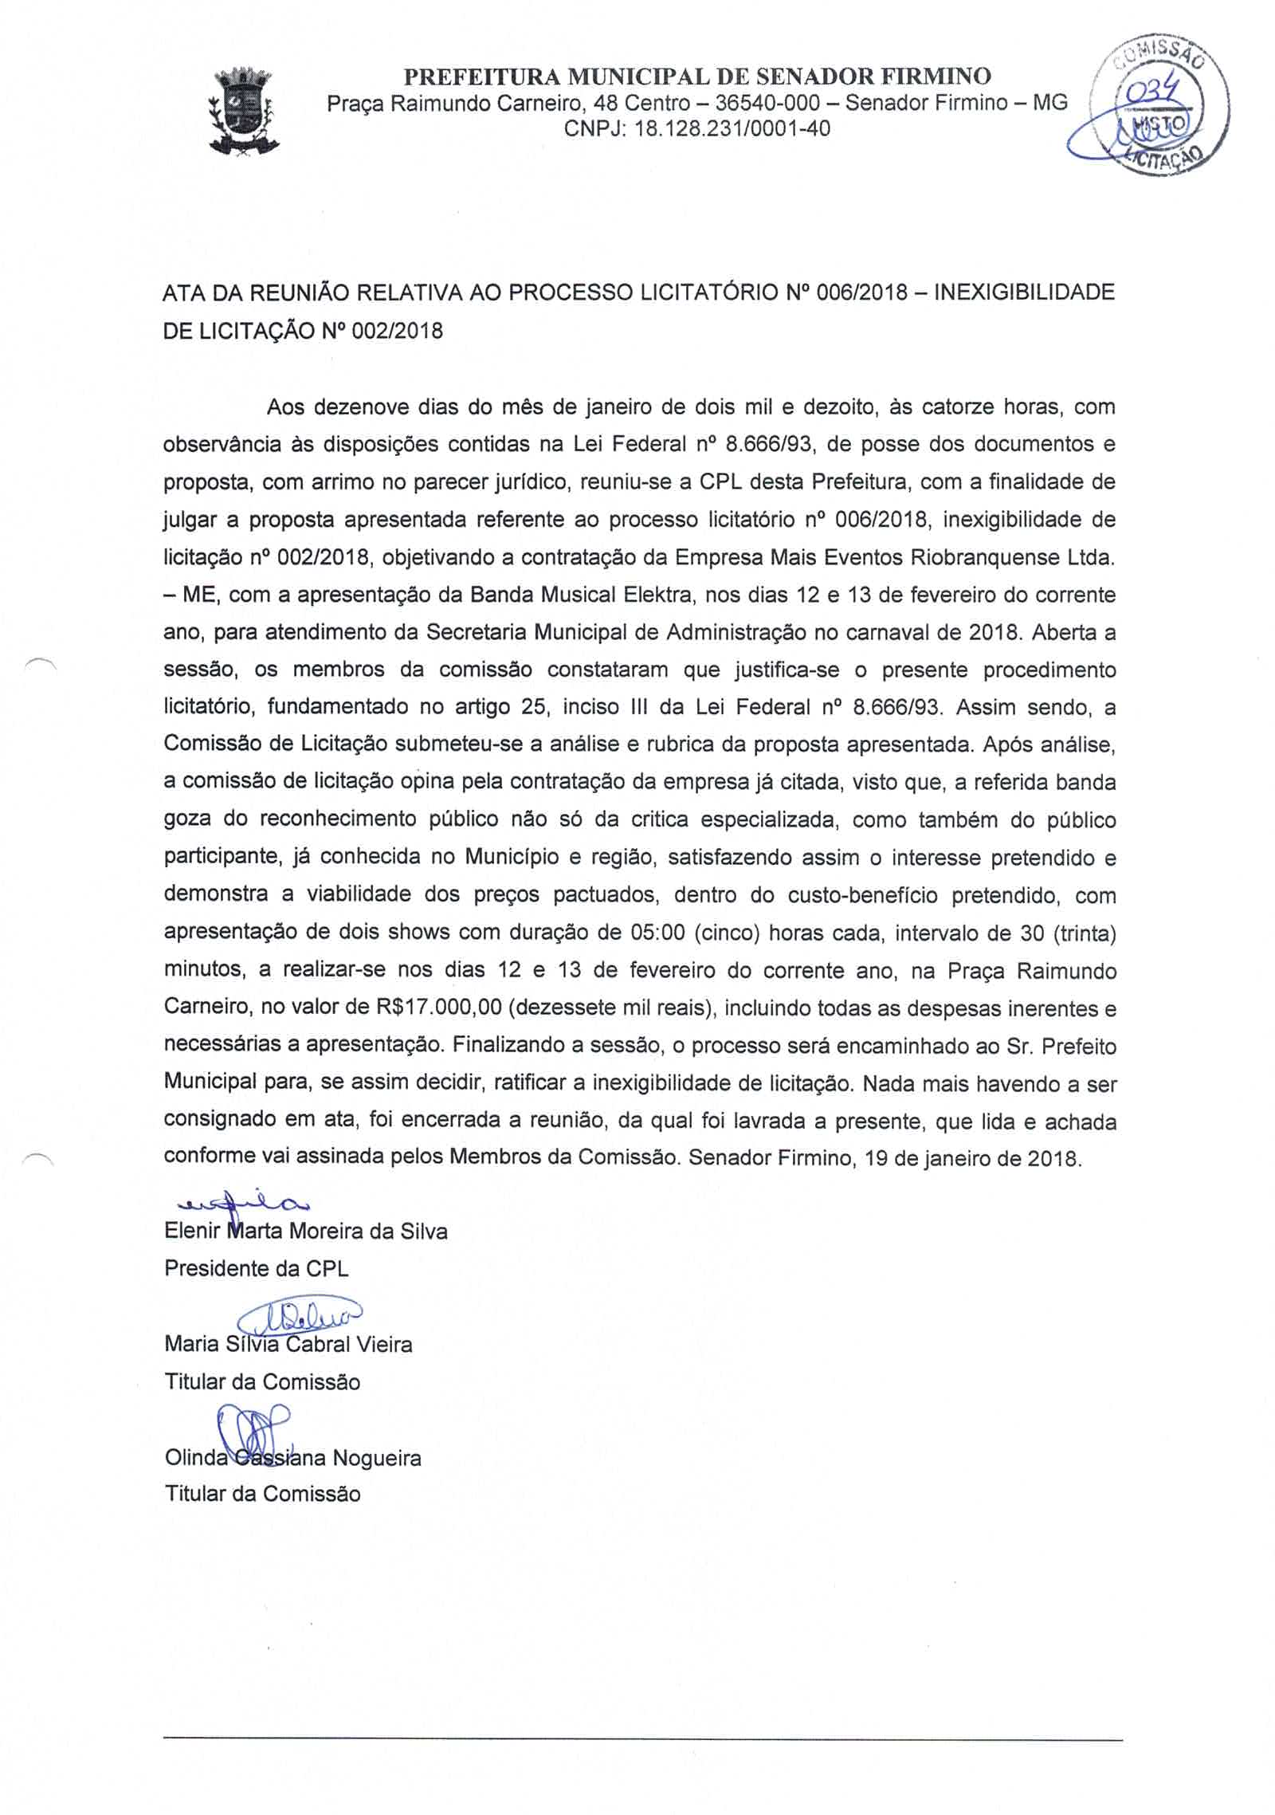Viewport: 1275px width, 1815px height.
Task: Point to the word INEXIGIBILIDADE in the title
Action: click(1023, 293)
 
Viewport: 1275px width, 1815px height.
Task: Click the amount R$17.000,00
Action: click(439, 1008)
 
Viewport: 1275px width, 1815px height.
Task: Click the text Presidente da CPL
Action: click(257, 1268)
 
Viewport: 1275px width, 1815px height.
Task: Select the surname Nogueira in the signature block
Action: click(377, 1459)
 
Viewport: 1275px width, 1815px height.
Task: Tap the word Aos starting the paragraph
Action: click(285, 407)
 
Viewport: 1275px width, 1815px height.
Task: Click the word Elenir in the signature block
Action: click(192, 1232)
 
